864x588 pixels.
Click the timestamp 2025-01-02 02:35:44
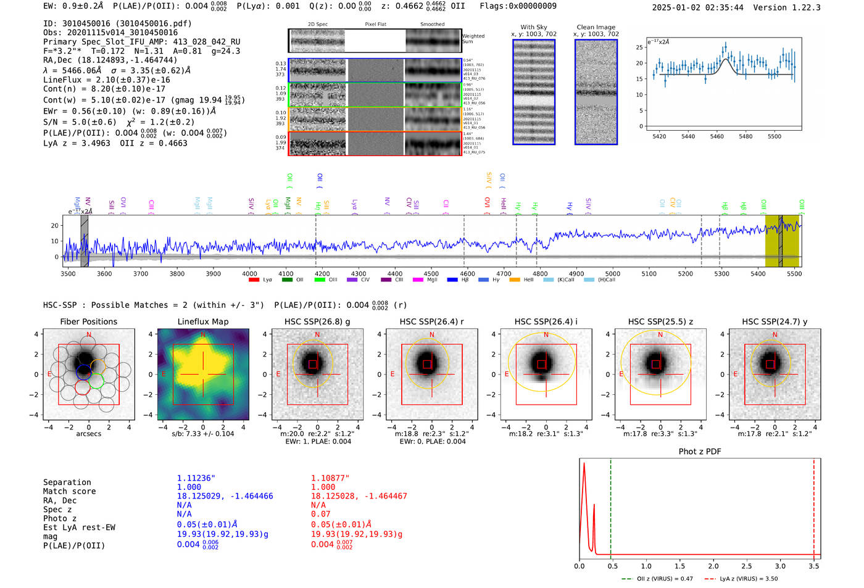tap(697, 7)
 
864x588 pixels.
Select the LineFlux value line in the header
tap(107, 80)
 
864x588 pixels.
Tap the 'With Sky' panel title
tap(534, 27)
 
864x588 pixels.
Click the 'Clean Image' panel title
tap(596, 27)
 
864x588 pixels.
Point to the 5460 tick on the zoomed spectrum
tap(717, 136)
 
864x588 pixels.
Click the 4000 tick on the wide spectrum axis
tap(249, 273)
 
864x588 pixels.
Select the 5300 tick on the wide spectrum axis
tap(721, 273)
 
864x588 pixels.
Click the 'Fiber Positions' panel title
tap(88, 321)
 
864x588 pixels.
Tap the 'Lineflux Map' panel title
tap(203, 321)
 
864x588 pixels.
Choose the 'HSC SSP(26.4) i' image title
tap(546, 321)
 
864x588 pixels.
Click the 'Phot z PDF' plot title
tap(700, 451)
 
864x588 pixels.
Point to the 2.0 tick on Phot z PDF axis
tap(713, 566)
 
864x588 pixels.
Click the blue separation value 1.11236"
tap(196, 478)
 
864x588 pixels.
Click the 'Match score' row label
tap(69, 491)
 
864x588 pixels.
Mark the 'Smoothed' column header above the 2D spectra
tap(432, 25)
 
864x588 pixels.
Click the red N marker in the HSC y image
tap(775, 335)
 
